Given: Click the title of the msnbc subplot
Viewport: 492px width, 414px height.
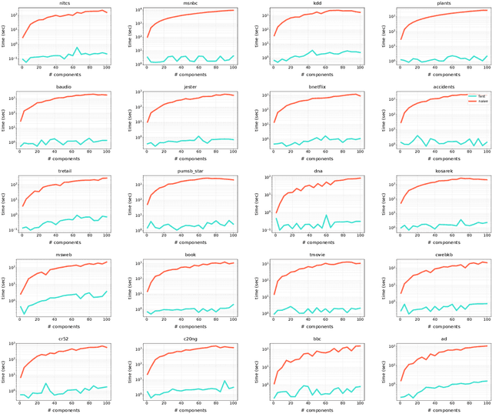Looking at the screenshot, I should (191, 4).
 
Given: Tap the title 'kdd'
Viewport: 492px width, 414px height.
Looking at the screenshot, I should (317, 4).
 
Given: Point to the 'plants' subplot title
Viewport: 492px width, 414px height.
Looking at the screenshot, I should (443, 4).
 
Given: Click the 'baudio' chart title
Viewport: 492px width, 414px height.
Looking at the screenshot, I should (65, 88).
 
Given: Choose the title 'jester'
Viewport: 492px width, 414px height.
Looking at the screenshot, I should (191, 88).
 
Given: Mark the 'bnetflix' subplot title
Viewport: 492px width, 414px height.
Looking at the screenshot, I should (317, 88).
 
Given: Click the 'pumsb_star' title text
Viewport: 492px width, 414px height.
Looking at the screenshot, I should (191, 172).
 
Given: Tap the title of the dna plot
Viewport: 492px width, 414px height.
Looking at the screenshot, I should (317, 172).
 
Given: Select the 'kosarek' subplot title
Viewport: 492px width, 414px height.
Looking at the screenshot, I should (443, 172).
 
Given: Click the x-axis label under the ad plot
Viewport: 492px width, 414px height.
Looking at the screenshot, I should (443, 410).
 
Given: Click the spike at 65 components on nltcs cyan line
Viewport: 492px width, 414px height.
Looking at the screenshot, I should (76, 48).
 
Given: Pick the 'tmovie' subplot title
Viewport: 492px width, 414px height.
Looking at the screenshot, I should (317, 255).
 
